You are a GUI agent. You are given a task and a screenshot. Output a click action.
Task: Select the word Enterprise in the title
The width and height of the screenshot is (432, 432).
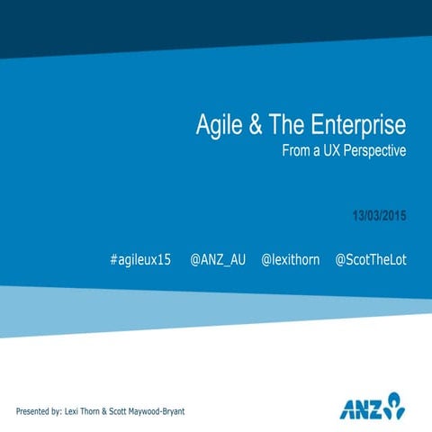355,124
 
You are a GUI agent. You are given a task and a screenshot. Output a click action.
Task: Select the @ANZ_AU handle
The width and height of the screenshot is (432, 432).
218,259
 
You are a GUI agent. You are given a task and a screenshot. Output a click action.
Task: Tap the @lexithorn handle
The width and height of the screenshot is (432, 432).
290,259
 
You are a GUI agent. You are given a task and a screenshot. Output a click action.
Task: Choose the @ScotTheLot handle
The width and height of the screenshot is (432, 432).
371,259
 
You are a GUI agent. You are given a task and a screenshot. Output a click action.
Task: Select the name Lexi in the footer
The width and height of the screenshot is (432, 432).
75,411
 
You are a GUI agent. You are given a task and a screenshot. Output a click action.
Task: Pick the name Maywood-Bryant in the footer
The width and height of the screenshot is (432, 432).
158,411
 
